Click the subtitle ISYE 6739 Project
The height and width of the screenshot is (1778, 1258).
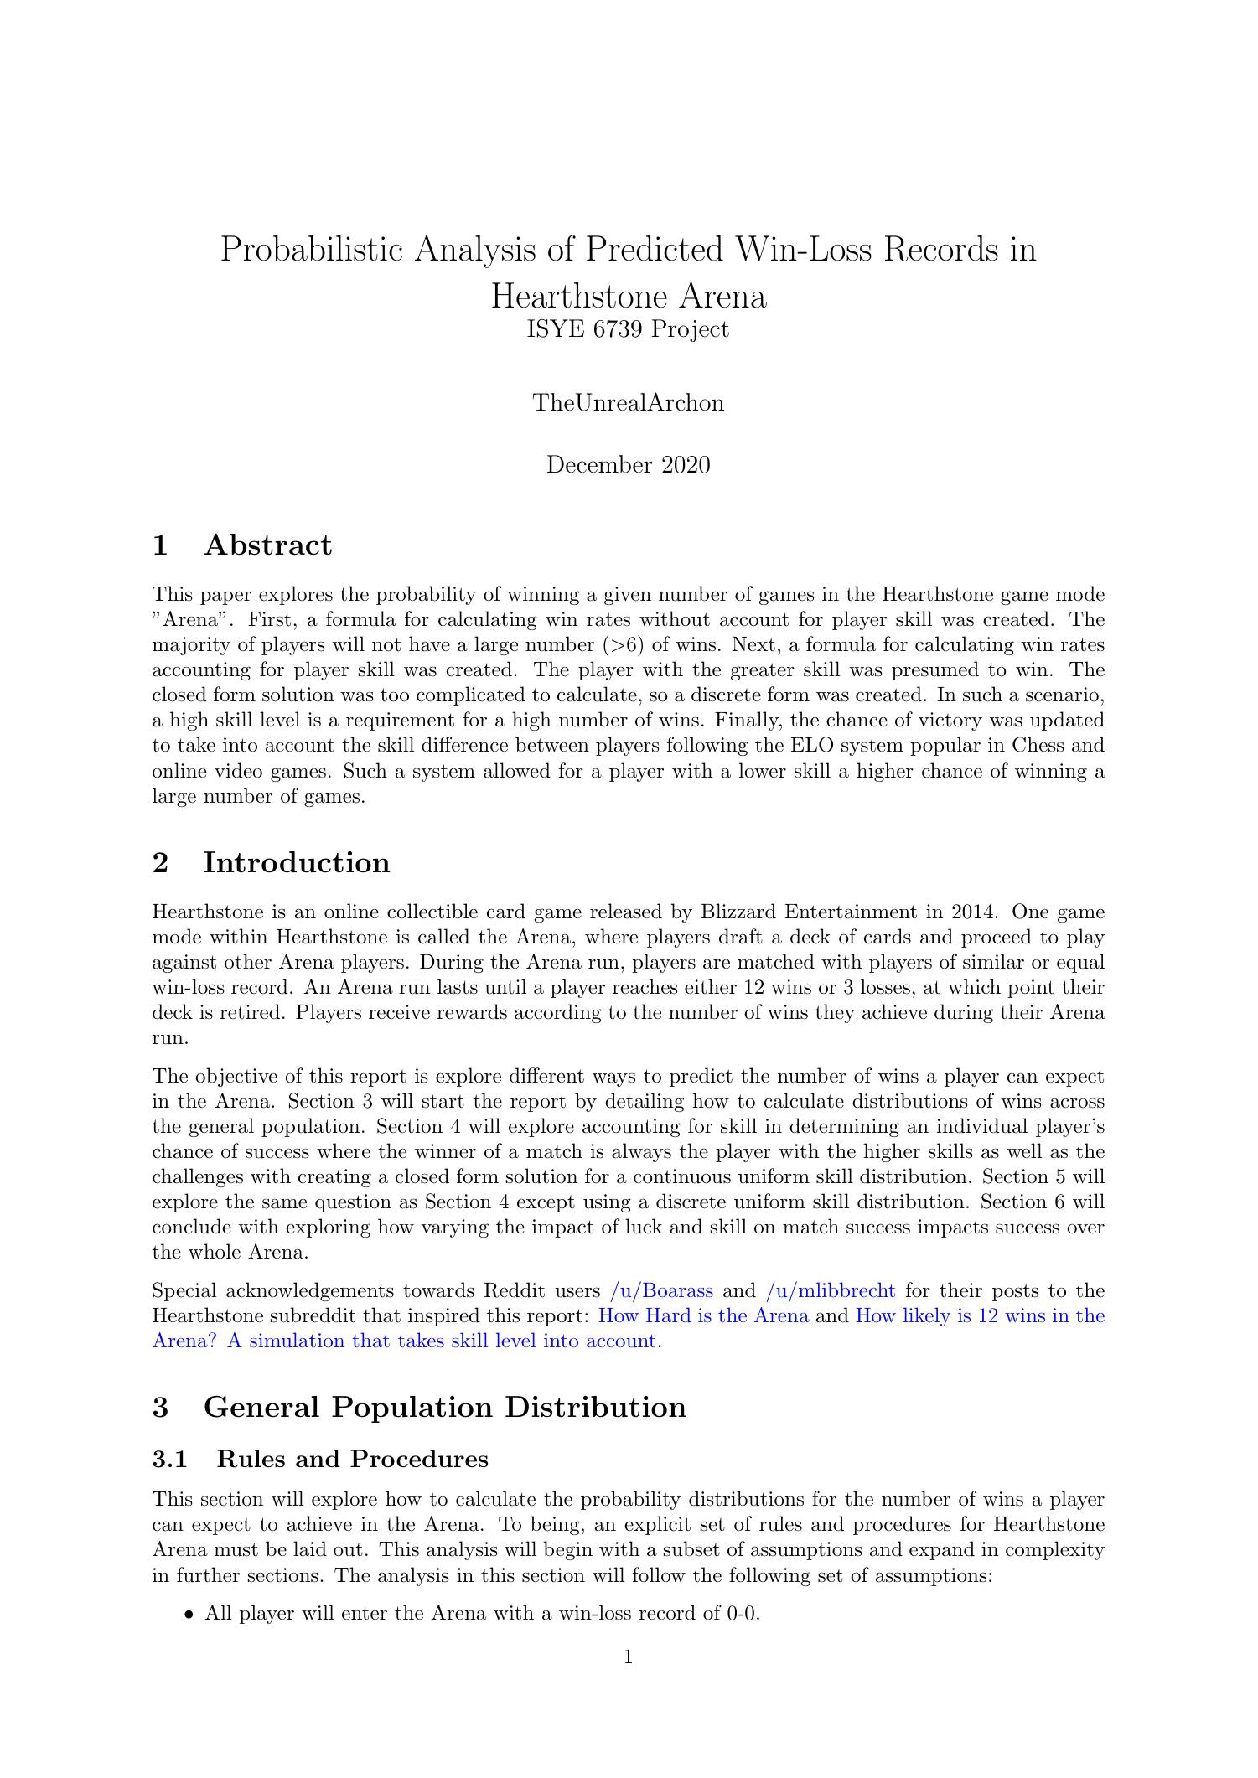pyautogui.click(x=628, y=330)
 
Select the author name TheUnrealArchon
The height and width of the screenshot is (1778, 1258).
pyautogui.click(x=628, y=403)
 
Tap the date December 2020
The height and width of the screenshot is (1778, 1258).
pyautogui.click(x=628, y=465)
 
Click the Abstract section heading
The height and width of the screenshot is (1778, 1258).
pyautogui.click(x=267, y=545)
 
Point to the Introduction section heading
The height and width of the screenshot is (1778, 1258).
pyautogui.click(x=296, y=863)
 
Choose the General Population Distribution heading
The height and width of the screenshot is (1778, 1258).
pyautogui.click(x=444, y=1407)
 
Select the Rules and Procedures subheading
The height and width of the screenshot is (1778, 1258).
pyautogui.click(x=352, y=1460)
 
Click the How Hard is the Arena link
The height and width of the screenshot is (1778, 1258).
pyautogui.click(x=702, y=1316)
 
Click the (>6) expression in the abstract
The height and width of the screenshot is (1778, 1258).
pyautogui.click(x=616, y=645)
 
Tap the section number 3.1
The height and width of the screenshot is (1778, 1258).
pyautogui.click(x=168, y=1460)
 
